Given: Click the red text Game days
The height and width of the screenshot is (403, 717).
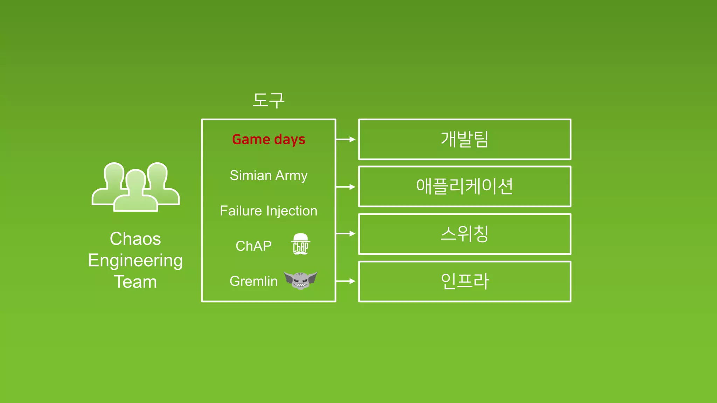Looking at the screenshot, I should coord(269,140).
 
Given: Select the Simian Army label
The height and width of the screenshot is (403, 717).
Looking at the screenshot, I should coord(269,176).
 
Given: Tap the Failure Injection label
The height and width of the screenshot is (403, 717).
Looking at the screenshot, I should coord(269,211).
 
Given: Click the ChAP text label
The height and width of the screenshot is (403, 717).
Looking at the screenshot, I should coord(253,246).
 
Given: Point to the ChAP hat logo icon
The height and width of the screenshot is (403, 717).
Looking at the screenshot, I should coord(300,244).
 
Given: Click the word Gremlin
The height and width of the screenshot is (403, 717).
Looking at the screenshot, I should coord(253,281).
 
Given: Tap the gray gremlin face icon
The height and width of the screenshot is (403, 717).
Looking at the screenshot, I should coord(300,280).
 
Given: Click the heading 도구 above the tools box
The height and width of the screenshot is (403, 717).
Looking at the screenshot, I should coord(269,100).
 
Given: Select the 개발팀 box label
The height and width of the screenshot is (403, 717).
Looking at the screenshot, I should coord(465,139).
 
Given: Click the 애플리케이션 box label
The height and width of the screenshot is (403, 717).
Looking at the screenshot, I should coord(465,186).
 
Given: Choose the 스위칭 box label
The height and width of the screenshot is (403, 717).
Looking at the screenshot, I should coord(465,234).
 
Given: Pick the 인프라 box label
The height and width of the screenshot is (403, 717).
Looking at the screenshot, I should coord(465,281).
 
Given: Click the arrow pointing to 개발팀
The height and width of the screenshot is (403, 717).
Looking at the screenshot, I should coord(346,139).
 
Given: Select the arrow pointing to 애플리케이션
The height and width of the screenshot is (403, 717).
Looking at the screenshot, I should coord(346,187).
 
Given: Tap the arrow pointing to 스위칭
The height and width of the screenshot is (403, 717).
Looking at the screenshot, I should coord(346,233).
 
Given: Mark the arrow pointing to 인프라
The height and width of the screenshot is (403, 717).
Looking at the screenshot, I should coord(346,281).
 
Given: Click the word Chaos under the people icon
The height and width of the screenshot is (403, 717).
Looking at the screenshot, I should coord(135,239).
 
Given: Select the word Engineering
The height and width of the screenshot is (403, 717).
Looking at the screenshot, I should coord(135,261).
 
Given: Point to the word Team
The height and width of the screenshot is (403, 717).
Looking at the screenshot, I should coord(135,282).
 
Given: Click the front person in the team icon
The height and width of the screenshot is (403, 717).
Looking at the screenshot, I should coord(135,192).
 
